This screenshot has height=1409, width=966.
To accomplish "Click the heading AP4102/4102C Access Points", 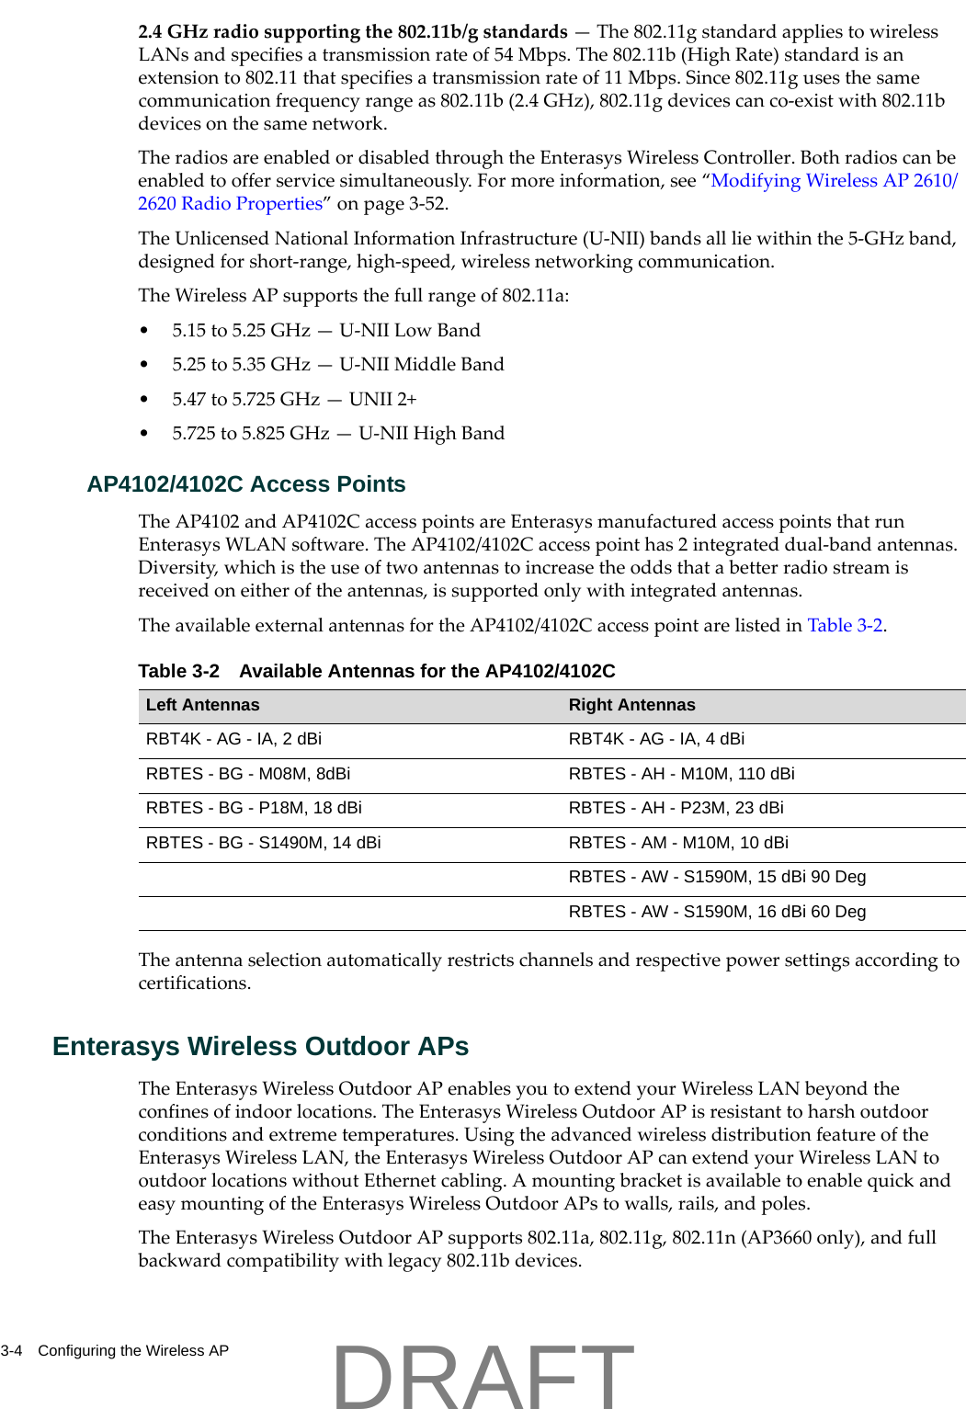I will [x=245, y=484].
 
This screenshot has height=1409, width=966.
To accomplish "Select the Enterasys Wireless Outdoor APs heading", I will [x=260, y=1046].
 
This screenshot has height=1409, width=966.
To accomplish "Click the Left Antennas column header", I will [x=202, y=705].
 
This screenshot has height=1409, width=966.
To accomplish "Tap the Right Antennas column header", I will [x=631, y=705].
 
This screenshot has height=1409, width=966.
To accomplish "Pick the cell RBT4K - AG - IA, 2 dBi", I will [x=233, y=739].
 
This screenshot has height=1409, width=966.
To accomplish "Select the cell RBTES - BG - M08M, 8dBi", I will [x=247, y=774].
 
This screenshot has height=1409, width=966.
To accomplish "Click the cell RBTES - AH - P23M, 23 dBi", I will [x=676, y=808].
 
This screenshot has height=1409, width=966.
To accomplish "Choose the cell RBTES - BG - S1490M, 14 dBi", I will [x=263, y=843].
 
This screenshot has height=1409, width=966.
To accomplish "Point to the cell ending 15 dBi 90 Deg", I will [x=717, y=877].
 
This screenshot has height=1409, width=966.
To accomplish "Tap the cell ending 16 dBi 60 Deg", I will [x=717, y=912].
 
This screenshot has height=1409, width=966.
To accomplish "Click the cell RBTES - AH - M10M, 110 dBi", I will [x=681, y=774].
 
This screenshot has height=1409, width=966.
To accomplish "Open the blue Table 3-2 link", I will [x=845, y=625].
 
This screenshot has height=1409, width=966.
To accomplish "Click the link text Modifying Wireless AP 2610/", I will [x=834, y=180].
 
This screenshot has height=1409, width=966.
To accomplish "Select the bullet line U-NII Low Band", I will [x=326, y=330].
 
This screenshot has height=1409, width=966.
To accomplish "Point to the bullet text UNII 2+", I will [x=382, y=399].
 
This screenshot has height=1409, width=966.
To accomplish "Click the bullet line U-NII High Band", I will [x=338, y=433].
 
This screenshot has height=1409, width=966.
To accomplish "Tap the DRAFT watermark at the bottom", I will [x=483, y=1376].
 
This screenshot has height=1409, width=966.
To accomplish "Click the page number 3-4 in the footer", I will [x=11, y=1350].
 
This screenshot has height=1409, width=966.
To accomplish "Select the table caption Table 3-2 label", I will [x=178, y=671].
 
